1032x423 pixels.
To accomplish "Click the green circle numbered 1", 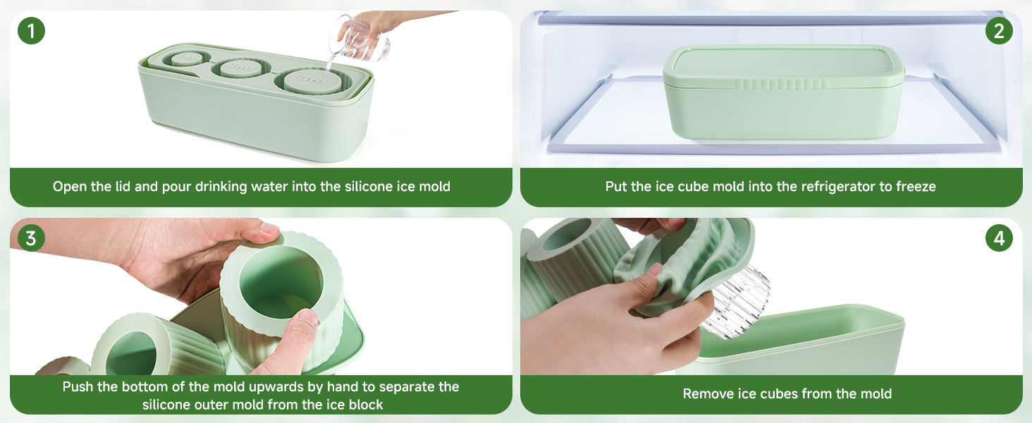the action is coord(31,31).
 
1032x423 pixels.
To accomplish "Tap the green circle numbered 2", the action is coord(999,31).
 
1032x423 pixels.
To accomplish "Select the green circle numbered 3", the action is coord(31,238).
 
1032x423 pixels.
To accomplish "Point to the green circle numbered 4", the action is coord(999,238).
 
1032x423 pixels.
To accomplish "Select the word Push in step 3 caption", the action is coord(78,386).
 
